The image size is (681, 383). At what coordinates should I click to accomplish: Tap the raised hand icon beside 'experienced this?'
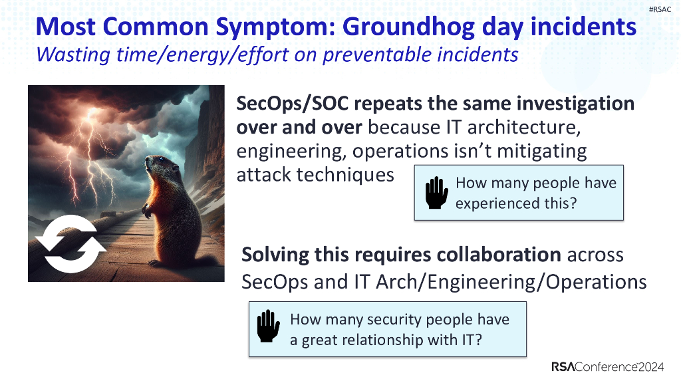coord(436,193)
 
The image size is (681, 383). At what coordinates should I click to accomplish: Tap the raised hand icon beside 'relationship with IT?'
coord(269,328)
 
